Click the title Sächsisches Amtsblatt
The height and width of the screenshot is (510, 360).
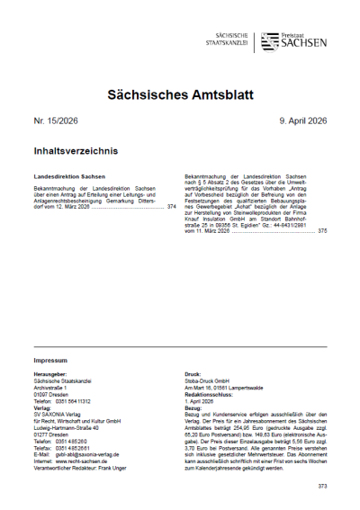[x=180, y=94]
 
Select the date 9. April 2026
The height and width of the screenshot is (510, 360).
[x=298, y=121]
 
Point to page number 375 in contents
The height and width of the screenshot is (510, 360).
[x=322, y=231]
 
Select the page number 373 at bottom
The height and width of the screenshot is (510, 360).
[x=322, y=486]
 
